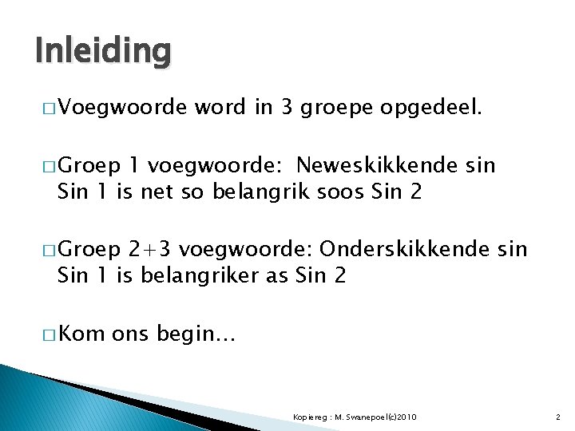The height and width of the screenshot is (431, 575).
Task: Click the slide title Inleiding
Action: pyautogui.click(x=103, y=50)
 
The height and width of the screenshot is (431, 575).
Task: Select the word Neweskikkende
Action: pyautogui.click(x=375, y=165)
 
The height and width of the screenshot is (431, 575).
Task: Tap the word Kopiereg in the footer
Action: pyautogui.click(x=307, y=417)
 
